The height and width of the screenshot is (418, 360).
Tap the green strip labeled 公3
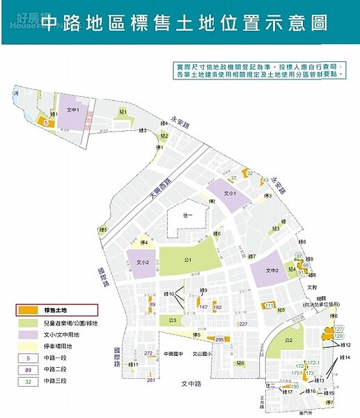click(x=173, y=320)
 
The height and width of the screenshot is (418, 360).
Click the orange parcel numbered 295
click(x=219, y=339)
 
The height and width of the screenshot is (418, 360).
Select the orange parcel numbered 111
click(x=269, y=306)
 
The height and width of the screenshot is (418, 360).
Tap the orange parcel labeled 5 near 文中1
click(x=47, y=123)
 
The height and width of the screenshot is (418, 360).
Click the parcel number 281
click(x=151, y=380)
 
